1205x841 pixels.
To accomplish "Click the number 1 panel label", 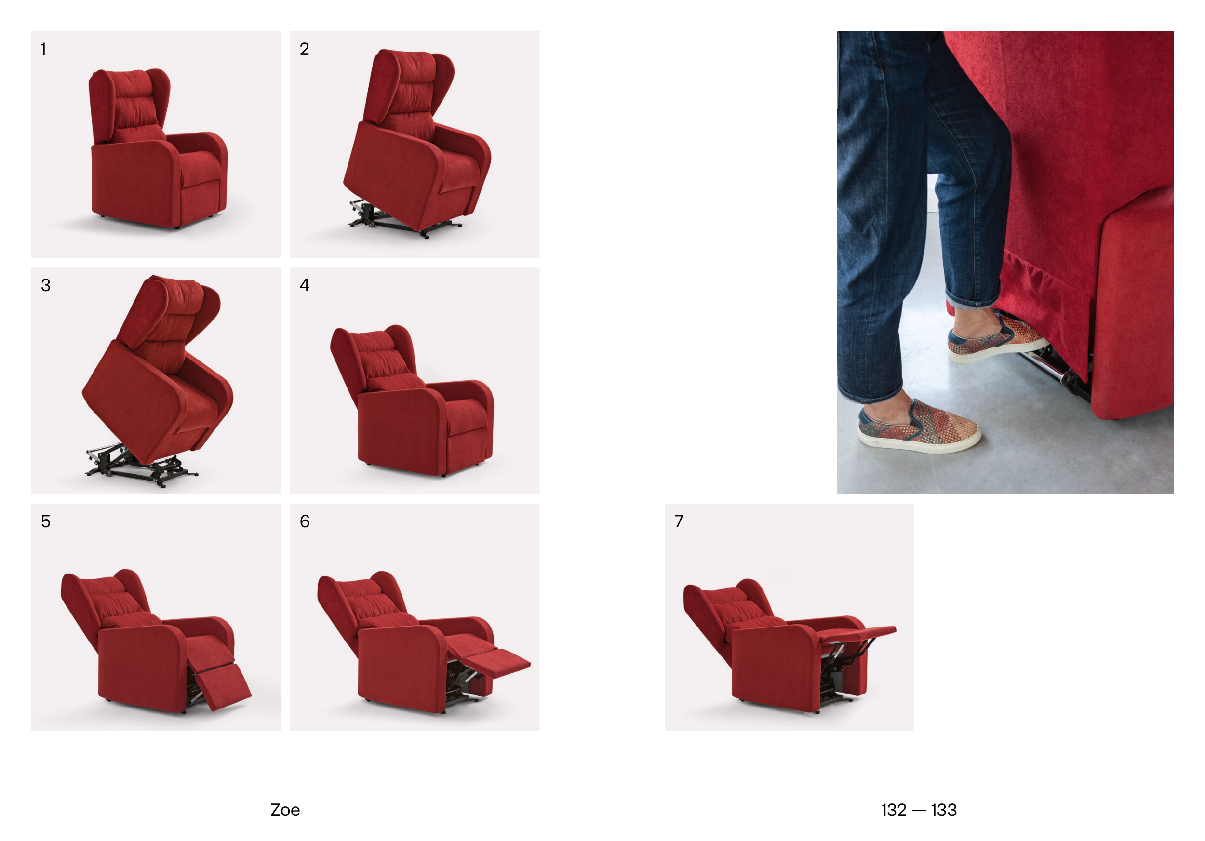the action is click(43, 49).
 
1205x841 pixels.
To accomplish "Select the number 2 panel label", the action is click(305, 49).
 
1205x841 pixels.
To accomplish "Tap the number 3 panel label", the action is click(46, 285).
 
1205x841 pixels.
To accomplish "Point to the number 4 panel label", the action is click(305, 285).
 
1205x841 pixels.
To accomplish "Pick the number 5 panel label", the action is click(46, 521).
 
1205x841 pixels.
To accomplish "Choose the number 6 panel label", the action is click(305, 521).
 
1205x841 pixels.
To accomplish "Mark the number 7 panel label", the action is click(679, 521).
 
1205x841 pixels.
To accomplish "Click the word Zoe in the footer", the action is click(285, 810).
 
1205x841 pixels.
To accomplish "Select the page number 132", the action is click(894, 810).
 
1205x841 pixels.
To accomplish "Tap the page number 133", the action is click(944, 810).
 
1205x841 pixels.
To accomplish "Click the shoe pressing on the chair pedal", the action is click(997, 337).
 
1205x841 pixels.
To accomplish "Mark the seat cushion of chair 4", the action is click(464, 414).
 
